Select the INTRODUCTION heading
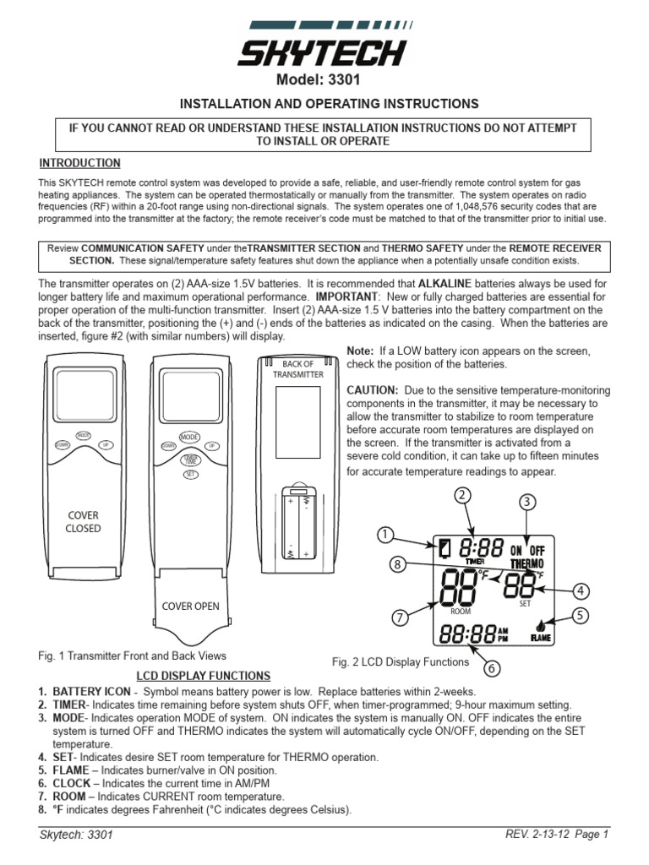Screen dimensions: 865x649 (x=80, y=163)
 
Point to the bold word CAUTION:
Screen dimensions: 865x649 (x=373, y=391)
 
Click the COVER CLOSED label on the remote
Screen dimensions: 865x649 (x=84, y=522)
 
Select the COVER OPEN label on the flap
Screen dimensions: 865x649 (x=189, y=607)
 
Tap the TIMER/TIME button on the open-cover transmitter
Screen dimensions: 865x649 (x=189, y=459)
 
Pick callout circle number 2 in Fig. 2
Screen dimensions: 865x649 (x=461, y=495)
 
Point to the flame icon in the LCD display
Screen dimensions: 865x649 (x=539, y=627)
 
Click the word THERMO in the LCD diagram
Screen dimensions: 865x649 (x=527, y=563)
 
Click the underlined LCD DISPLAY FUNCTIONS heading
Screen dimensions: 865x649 (x=204, y=676)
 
